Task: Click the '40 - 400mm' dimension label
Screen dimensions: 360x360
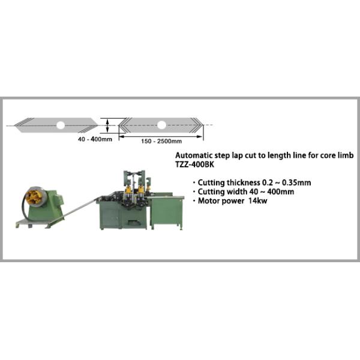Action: point(95,139)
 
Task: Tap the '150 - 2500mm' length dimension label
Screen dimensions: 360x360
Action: point(161,141)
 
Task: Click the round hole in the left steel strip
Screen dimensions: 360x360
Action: point(61,125)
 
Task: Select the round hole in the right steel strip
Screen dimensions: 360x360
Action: point(161,125)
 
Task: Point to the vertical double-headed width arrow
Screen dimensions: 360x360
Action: point(107,125)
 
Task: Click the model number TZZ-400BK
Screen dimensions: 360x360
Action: point(194,164)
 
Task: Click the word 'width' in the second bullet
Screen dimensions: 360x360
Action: point(236,192)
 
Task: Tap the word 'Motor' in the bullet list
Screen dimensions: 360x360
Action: point(208,201)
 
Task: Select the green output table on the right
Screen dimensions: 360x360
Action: point(166,212)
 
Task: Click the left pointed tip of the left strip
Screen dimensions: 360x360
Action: point(14,125)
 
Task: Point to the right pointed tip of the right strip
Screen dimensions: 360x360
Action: point(203,125)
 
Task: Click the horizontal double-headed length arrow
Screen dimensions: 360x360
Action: point(161,136)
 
